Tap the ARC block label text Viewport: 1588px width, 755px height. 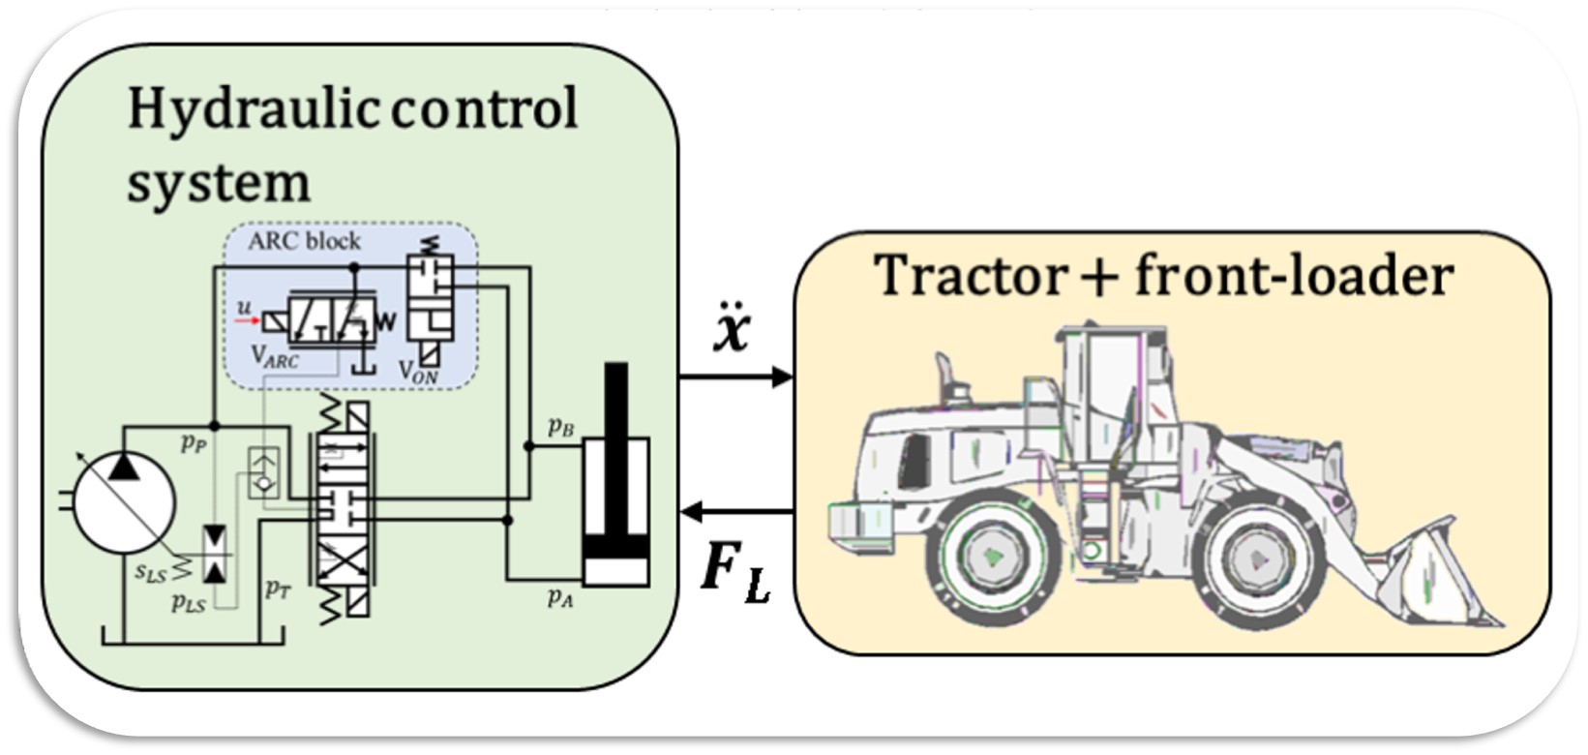303,241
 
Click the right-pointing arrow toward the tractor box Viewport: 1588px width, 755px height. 735,377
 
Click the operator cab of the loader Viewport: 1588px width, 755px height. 1103,387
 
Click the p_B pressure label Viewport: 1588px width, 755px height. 560,426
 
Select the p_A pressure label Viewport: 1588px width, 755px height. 560,598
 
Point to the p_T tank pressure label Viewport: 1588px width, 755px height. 278,588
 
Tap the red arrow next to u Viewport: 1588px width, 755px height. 246,320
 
